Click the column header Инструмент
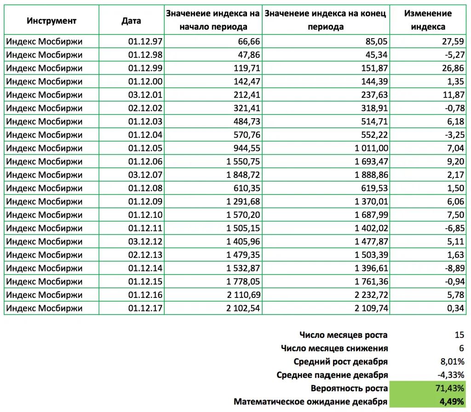[x=52, y=21]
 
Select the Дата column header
[x=132, y=21]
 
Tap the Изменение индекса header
[x=428, y=20]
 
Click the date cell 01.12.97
[x=145, y=41]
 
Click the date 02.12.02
[x=145, y=108]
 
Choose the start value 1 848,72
[x=242, y=175]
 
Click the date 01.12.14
[x=145, y=268]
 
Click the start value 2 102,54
[x=242, y=308]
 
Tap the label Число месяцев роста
[x=343, y=335]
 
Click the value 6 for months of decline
[x=461, y=349]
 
